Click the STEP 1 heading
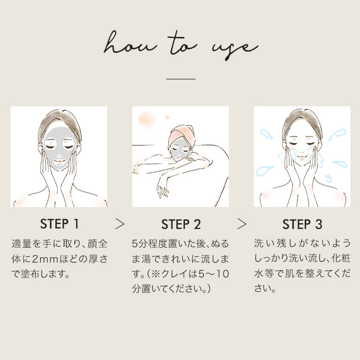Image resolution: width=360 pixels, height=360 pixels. point(60,224)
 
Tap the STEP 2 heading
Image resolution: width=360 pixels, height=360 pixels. point(181,224)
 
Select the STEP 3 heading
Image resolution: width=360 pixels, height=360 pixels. point(302,224)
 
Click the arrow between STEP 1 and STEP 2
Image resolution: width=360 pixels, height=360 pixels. point(120,224)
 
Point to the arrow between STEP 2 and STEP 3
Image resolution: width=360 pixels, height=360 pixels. point(242,224)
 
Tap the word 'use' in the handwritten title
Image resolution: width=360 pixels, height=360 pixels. point(235,49)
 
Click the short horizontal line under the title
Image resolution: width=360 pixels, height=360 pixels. point(180,79)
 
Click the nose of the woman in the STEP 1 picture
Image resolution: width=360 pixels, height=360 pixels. point(59,156)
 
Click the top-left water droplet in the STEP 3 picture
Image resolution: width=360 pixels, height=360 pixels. point(266,134)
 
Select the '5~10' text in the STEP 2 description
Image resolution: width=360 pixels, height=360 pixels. point(214,274)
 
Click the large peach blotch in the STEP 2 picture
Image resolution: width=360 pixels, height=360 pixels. point(146,120)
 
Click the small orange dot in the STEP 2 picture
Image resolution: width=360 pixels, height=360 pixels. point(167,117)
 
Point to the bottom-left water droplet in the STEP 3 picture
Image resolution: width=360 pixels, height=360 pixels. point(264,171)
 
